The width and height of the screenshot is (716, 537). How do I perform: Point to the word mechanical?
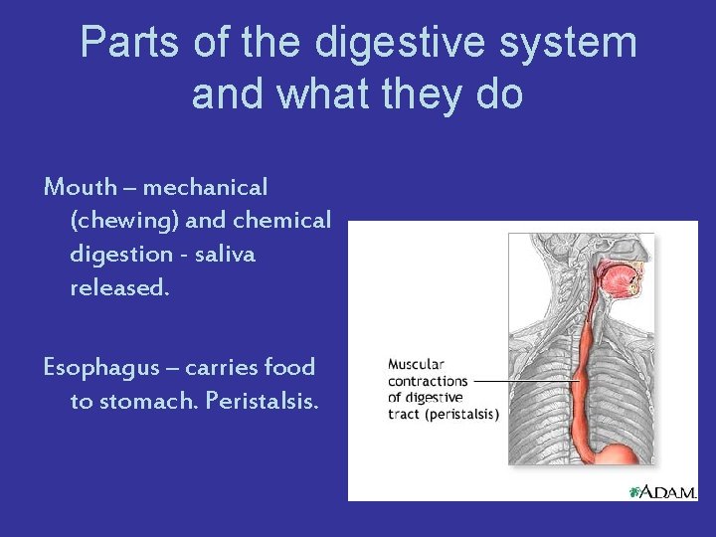point(208,187)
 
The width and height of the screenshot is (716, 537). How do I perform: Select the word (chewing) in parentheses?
point(123,221)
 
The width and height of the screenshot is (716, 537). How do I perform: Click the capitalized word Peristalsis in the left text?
point(272,402)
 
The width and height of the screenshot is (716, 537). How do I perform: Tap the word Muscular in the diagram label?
point(417,365)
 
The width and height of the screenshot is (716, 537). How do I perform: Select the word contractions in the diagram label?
point(428,381)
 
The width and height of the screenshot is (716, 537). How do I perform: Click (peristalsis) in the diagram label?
point(461,414)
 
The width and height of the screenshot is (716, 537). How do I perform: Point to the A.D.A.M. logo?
point(664,491)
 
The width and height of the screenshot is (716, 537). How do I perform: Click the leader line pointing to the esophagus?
point(526,381)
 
